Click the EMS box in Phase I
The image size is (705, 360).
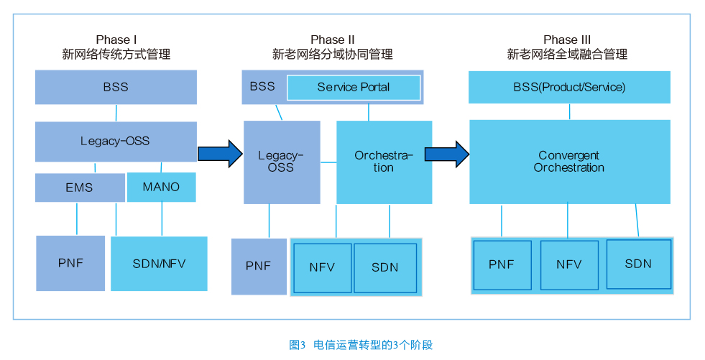coord(80,188)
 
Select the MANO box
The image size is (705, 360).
coord(162,187)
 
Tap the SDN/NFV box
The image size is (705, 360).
coord(159,264)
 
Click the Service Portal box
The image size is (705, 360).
coord(354,87)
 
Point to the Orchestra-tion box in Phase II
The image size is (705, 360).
coord(384,162)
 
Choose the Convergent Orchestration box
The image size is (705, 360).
coord(570,162)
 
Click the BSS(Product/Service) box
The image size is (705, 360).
coord(569,87)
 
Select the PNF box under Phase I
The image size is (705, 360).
coord(70,264)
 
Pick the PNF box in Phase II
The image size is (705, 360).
coord(259,267)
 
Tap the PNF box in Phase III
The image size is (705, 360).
coord(502,265)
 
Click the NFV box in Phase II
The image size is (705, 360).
coord(323,268)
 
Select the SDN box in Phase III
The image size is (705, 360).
coord(638,264)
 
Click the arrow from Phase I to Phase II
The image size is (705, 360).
coord(221,154)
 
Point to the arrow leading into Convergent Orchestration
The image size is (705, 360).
coord(448,154)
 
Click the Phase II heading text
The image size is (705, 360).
coord(333,47)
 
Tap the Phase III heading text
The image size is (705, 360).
coord(568,47)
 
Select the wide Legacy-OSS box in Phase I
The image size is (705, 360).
coord(116,142)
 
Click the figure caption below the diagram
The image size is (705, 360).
coord(361,345)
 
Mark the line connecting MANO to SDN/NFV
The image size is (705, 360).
coord(162,219)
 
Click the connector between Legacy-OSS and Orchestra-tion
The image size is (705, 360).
coord(328,162)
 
